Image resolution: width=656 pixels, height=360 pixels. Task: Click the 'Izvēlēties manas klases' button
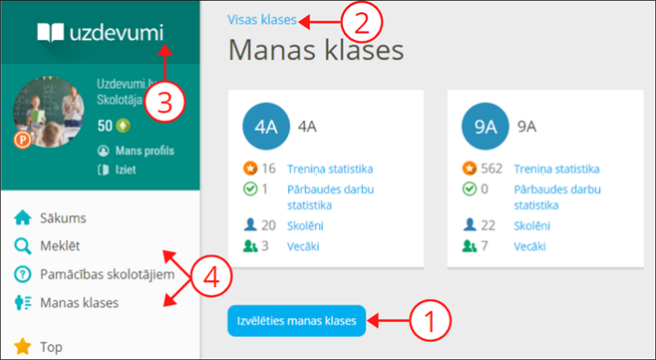296,321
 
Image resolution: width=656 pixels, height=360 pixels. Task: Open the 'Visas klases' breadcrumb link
263,19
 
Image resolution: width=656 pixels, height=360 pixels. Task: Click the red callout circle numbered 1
431,321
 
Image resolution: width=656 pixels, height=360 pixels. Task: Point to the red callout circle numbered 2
362,20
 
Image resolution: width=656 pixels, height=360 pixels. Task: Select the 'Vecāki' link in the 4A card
304,245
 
